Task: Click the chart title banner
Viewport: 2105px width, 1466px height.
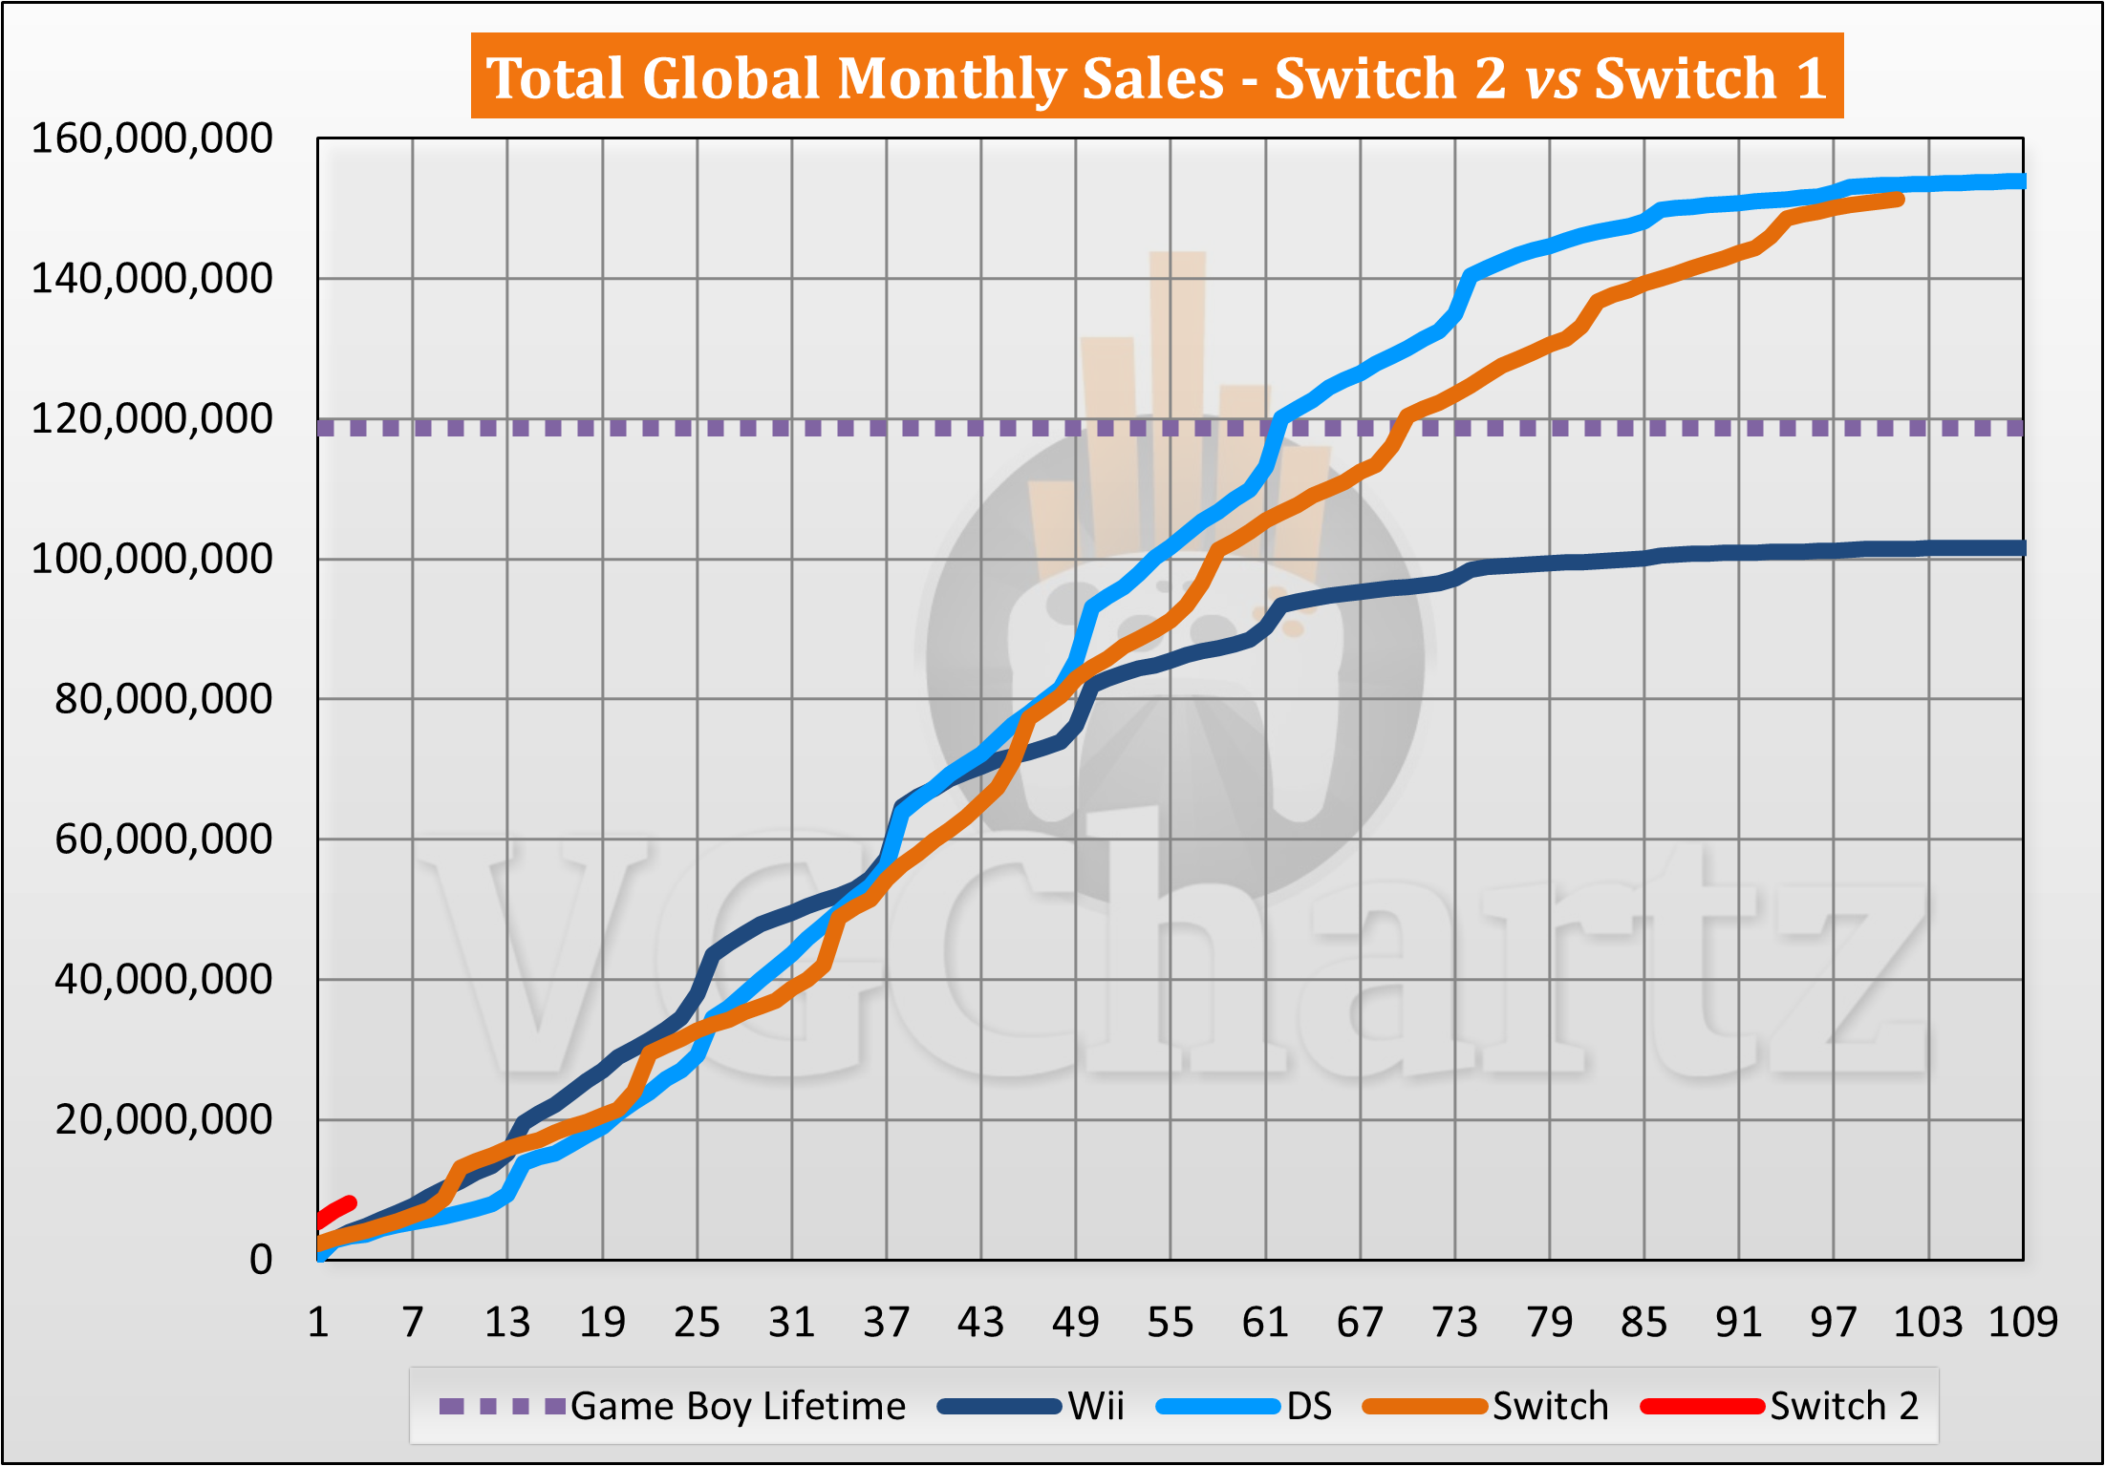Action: (x=1156, y=76)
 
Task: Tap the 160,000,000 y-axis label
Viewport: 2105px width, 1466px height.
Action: (x=152, y=139)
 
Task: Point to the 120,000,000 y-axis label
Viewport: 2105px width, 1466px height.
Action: (x=152, y=419)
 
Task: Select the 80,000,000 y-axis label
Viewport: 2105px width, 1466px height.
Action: (x=163, y=700)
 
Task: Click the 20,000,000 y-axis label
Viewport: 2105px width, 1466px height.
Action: (x=163, y=1120)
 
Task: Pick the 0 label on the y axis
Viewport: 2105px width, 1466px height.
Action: (x=261, y=1261)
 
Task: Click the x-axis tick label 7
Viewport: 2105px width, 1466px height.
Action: (x=412, y=1323)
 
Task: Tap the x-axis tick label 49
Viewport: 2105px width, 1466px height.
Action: (x=1076, y=1323)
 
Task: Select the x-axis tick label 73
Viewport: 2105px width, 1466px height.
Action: (x=1454, y=1323)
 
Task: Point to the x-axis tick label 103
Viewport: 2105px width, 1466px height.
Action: (x=1928, y=1323)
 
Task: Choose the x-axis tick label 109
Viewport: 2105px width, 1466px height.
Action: (x=2023, y=1323)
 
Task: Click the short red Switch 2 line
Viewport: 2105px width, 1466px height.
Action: (x=336, y=1210)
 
